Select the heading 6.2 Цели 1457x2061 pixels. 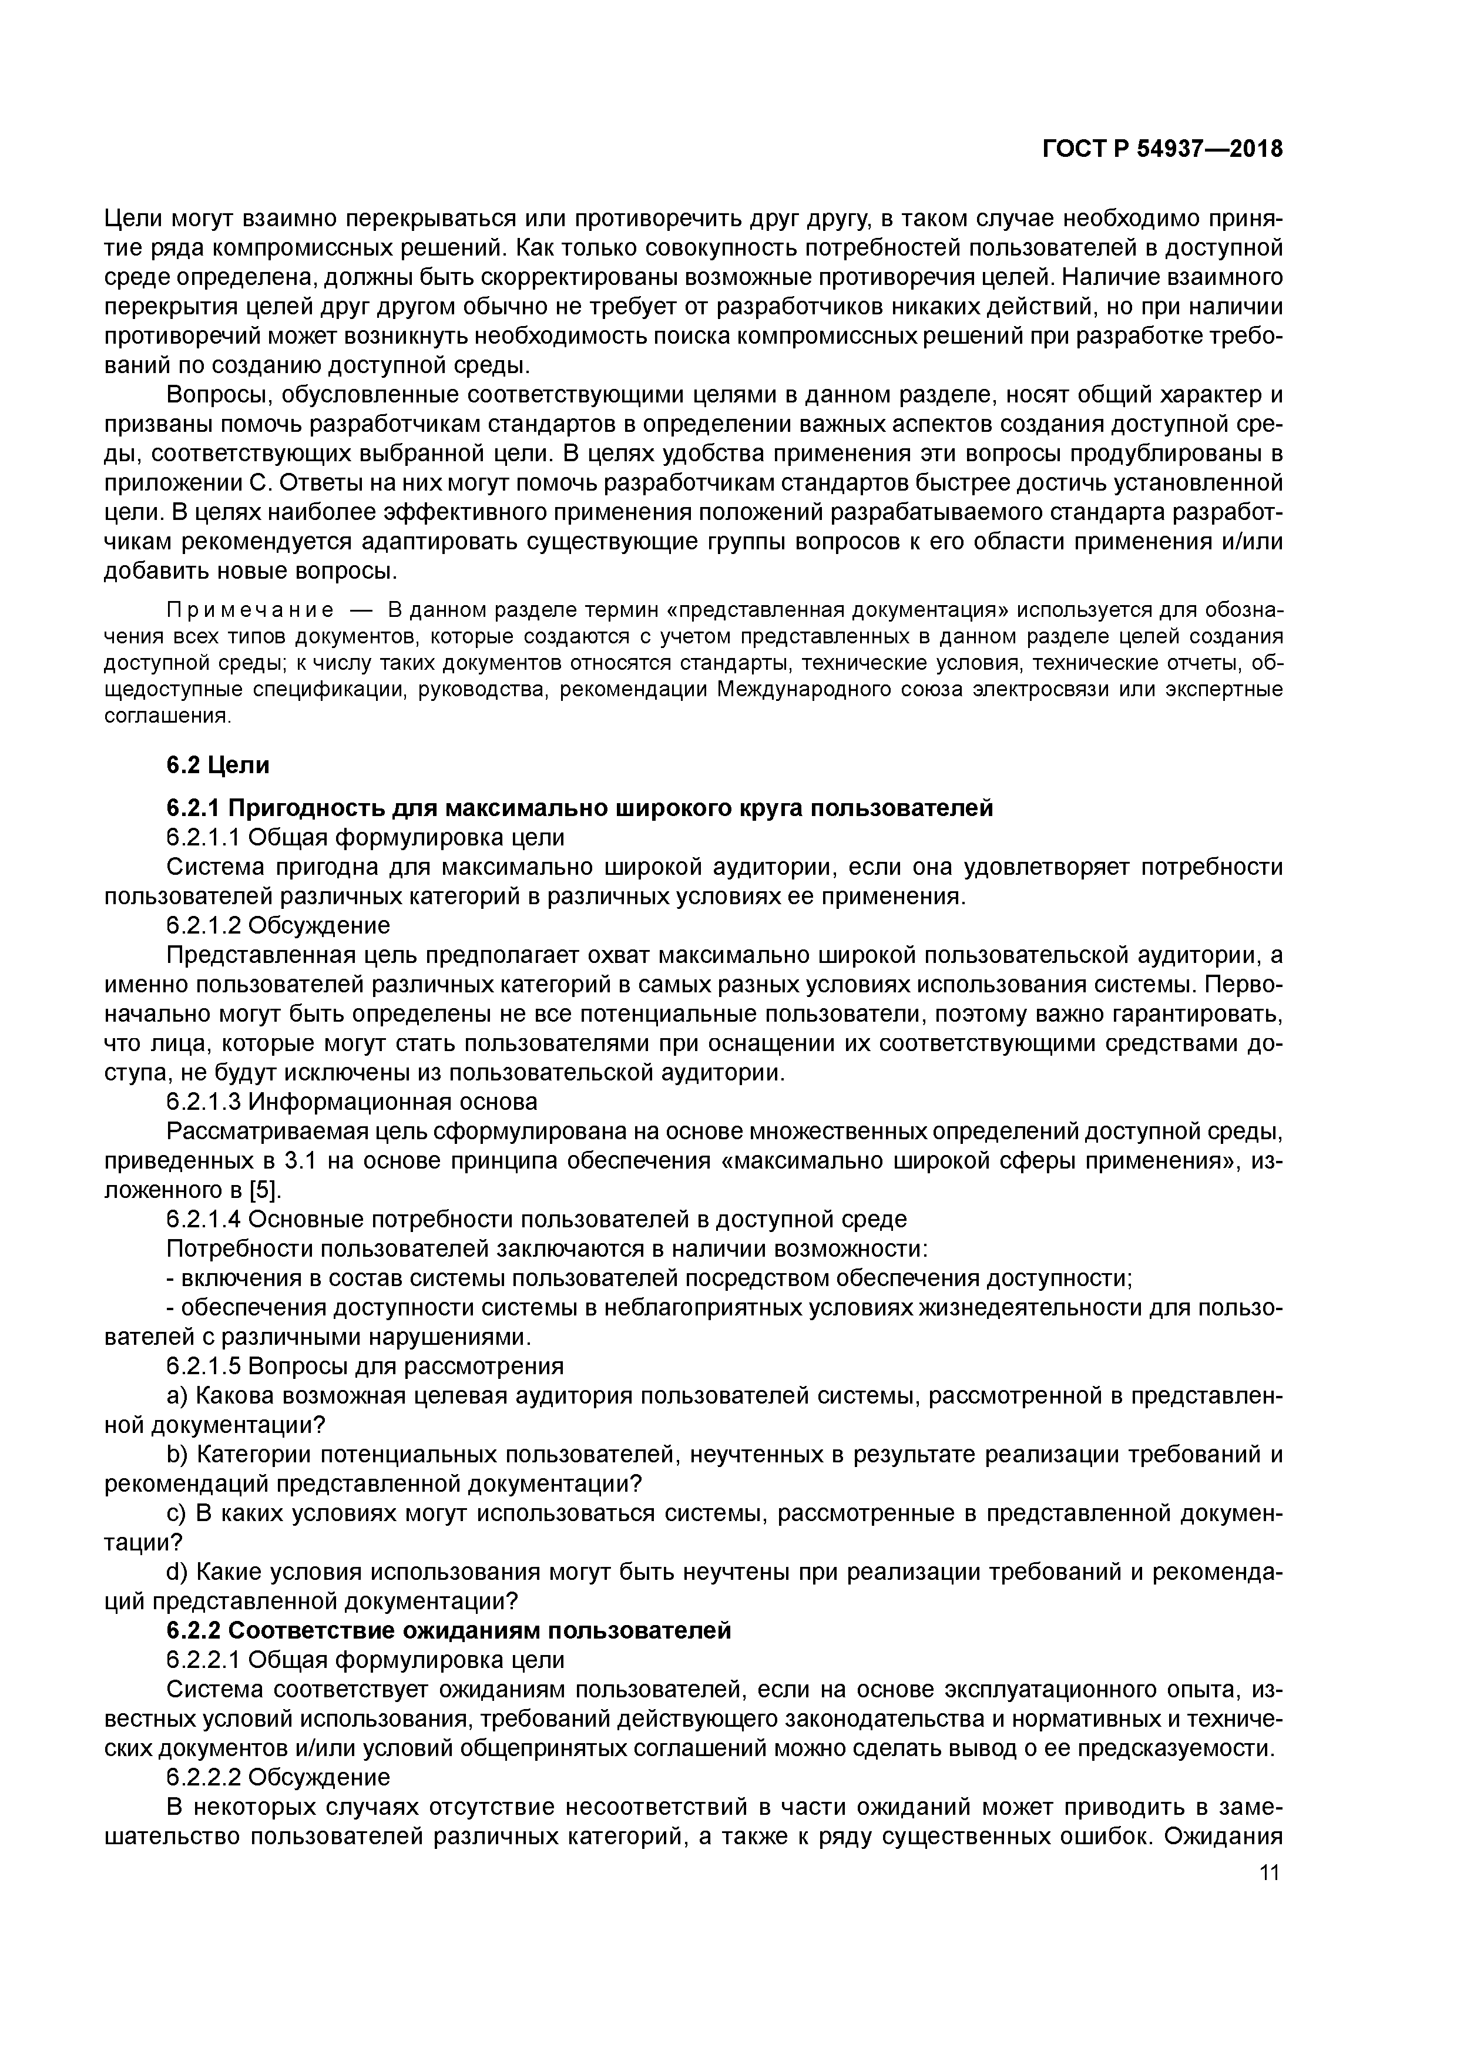pyautogui.click(x=217, y=765)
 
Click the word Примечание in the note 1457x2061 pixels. pyautogui.click(x=250, y=610)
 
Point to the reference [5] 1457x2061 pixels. pyautogui.click(x=264, y=1190)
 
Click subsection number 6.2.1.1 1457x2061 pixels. pyautogui.click(x=204, y=838)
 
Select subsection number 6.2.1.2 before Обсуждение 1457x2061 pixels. pyautogui.click(x=204, y=925)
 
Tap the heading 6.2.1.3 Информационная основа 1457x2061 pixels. pyautogui.click(x=352, y=1102)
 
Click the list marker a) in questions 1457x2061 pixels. pyautogui.click(x=177, y=1396)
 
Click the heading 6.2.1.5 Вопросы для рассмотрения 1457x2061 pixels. pyautogui.click(x=365, y=1366)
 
